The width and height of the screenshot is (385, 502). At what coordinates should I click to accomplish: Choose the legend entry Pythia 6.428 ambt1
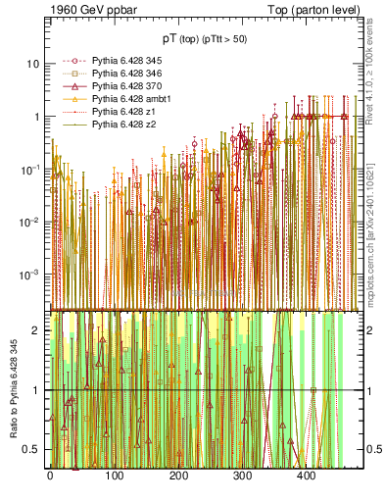[123, 100]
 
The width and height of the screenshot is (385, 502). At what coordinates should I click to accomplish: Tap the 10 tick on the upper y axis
[32, 64]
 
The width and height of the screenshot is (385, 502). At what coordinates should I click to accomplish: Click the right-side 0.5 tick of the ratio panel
[367, 450]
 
